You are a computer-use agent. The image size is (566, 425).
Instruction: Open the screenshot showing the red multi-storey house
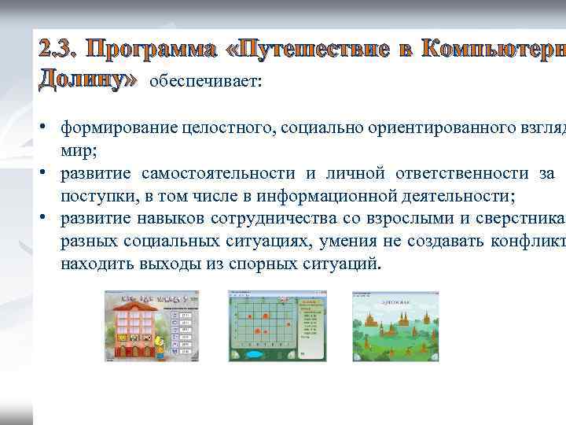pos(152,325)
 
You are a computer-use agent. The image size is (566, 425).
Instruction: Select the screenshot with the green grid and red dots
pos(275,325)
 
